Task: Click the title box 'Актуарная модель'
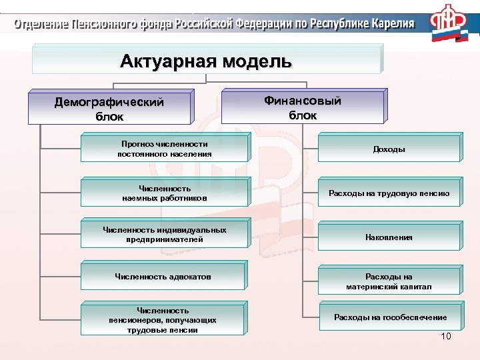(206, 62)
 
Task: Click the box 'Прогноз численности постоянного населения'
(165, 149)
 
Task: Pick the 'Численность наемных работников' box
(165, 193)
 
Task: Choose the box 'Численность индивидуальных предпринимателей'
(165, 235)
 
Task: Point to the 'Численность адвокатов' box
(165, 276)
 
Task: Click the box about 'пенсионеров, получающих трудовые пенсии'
(165, 320)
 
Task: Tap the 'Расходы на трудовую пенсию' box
(389, 194)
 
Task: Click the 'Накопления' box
(389, 237)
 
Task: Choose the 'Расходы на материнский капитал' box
(389, 281)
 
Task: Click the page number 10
(446, 336)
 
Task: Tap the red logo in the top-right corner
(448, 25)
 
